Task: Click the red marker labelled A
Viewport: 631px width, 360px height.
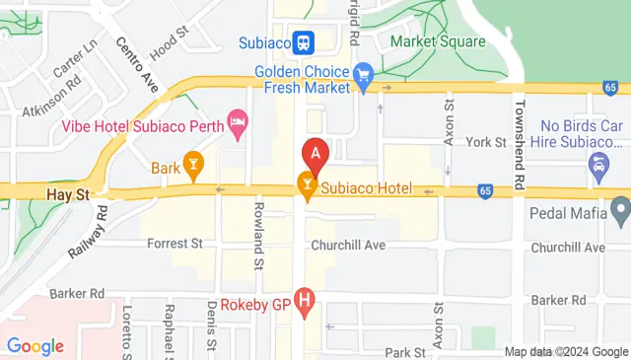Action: point(315,154)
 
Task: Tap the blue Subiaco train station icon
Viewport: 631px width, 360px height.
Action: point(304,42)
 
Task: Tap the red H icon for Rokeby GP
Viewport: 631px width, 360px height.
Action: point(305,300)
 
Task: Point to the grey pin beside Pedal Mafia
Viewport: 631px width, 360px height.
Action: point(620,209)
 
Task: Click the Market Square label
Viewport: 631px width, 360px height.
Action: point(438,42)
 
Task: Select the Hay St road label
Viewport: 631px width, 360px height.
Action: point(67,195)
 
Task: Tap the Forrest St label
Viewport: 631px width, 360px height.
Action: point(175,243)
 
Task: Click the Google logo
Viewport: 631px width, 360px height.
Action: point(35,345)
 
